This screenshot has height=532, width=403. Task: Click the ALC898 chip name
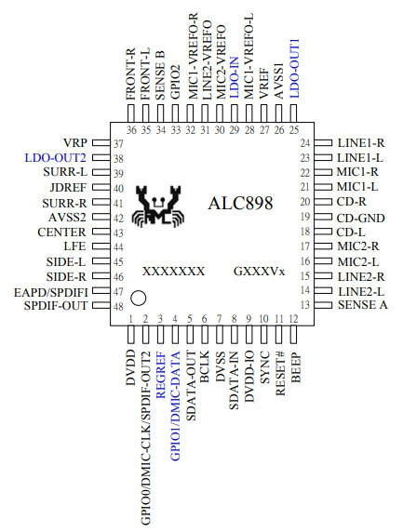click(x=240, y=204)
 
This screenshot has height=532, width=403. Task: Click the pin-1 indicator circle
click(x=139, y=299)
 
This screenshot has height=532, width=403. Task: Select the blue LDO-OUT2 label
click(x=55, y=158)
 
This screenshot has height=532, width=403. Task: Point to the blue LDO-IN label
click(x=235, y=78)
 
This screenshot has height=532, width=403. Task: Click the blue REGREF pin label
click(x=160, y=376)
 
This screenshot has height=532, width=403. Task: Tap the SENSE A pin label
click(x=363, y=305)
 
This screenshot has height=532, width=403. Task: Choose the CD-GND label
click(x=360, y=218)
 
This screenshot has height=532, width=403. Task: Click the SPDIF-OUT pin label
click(x=56, y=306)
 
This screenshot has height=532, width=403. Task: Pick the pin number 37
click(x=118, y=144)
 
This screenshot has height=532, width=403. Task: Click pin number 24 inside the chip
click(x=305, y=143)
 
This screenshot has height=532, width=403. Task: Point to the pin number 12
click(x=293, y=319)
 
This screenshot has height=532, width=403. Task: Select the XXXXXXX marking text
click(x=173, y=272)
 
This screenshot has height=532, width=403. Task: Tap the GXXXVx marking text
click(x=259, y=272)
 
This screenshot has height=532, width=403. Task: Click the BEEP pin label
click(x=296, y=367)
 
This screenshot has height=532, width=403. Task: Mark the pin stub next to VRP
click(x=101, y=143)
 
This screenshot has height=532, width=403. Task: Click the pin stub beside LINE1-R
click(x=323, y=143)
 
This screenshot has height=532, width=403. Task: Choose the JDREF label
click(x=68, y=187)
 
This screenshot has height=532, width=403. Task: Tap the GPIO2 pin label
click(x=176, y=82)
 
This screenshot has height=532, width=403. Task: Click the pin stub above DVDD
click(x=130, y=334)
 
